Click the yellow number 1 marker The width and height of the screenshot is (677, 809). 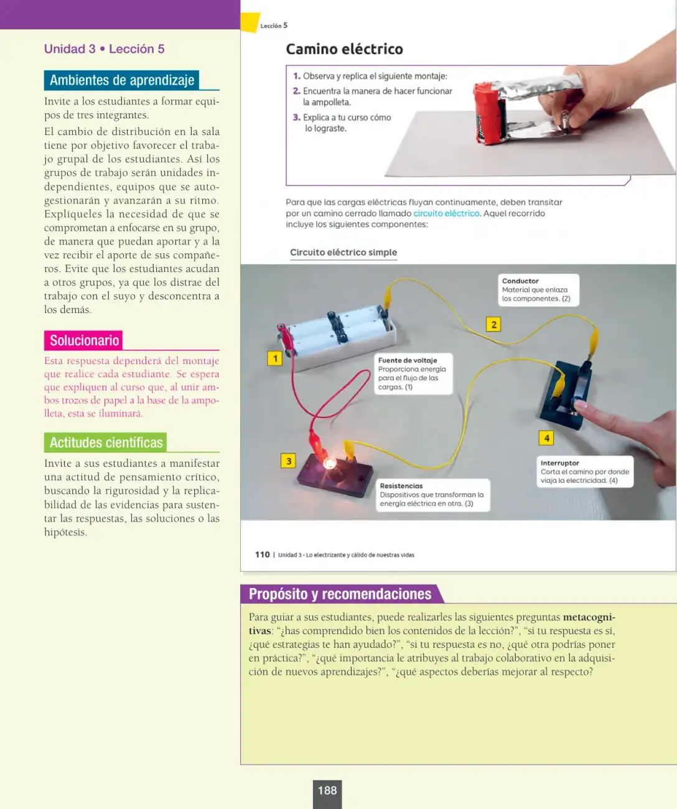(275, 358)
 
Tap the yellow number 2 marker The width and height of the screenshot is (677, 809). (493, 324)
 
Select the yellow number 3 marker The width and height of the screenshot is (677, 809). (288, 461)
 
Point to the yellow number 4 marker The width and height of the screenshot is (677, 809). (546, 438)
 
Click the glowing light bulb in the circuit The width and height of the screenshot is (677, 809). (330, 463)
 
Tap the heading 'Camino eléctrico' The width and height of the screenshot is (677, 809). (344, 49)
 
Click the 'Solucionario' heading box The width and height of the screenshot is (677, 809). (83, 340)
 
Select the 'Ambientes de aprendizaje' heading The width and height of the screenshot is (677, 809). (121, 80)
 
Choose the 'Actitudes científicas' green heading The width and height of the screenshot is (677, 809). (105, 442)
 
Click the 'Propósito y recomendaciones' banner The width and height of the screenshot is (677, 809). (341, 594)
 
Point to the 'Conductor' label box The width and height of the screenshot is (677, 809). (538, 290)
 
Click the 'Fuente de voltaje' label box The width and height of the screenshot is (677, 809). (413, 373)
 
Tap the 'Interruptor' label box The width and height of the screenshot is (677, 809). (585, 472)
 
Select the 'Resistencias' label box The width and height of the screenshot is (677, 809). (432, 495)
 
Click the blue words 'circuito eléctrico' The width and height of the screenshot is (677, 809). (446, 213)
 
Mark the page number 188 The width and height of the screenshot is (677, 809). (327, 790)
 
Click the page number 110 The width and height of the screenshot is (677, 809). (263, 554)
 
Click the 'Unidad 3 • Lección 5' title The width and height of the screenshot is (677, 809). (105, 49)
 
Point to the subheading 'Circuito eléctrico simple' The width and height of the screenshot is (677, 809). (343, 252)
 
